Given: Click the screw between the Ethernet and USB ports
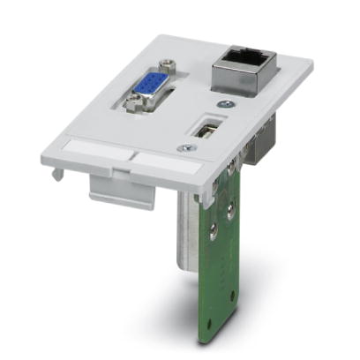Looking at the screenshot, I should [228, 103].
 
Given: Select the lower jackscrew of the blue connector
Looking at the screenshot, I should [132, 109].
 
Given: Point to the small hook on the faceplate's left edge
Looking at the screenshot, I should [56, 175].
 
